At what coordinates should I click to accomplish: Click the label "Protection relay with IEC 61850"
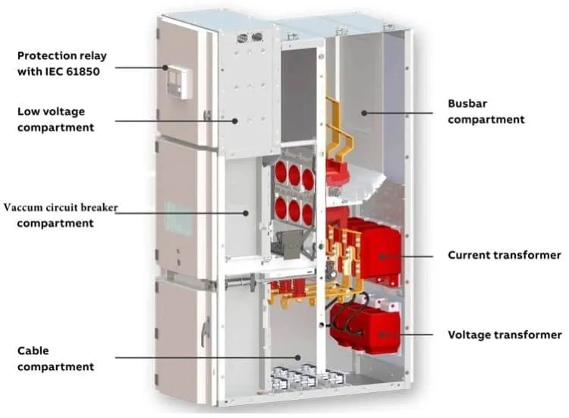62,64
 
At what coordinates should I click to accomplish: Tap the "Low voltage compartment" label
55,119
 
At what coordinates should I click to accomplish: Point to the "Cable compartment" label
55,359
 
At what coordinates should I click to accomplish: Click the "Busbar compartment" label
486,112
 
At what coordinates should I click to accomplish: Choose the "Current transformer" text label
505,255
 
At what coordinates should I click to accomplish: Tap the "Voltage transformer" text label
505,335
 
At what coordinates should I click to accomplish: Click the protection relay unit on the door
177,83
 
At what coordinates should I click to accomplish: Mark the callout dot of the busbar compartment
364,113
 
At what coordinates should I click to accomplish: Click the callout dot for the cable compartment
298,357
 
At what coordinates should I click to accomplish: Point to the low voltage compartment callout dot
235,121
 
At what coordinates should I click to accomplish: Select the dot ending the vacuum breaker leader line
246,213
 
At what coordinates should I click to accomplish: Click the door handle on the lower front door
206,331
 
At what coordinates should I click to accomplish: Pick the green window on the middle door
178,218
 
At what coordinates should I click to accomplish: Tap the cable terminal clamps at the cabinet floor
307,377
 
